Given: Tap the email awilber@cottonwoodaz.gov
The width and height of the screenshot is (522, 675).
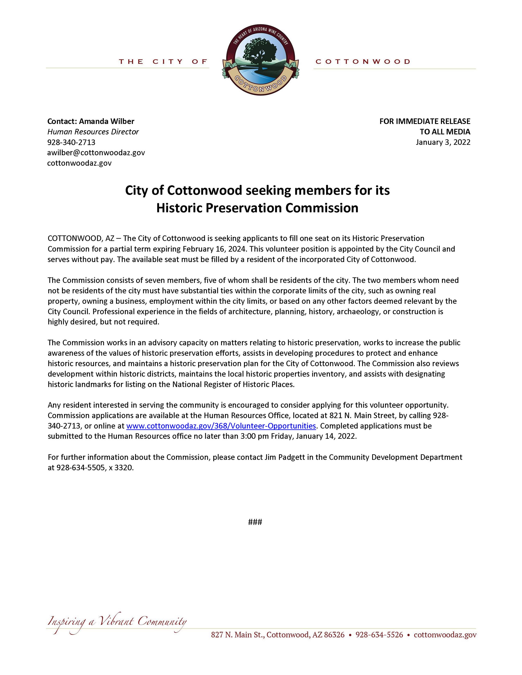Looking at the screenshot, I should [x=96, y=153].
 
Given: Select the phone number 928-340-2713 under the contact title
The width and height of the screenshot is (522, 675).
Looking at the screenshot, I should [x=71, y=142].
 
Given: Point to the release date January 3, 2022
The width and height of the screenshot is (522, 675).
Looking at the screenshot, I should [x=443, y=142].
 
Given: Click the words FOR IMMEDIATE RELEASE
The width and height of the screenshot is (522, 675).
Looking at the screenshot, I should [x=425, y=121].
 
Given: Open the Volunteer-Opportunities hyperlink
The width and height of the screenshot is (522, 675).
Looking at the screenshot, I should [x=221, y=426].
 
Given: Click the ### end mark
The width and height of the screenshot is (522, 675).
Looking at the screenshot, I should [x=255, y=522].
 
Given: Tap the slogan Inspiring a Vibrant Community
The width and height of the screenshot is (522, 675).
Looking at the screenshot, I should [x=117, y=621].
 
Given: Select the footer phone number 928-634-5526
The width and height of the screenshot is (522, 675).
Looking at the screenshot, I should [x=379, y=635].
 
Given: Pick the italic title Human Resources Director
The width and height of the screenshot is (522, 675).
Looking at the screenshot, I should [x=93, y=132].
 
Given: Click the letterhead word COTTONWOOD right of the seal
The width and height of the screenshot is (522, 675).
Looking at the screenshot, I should [x=363, y=62].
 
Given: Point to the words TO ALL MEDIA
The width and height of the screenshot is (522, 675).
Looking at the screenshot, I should [x=445, y=132].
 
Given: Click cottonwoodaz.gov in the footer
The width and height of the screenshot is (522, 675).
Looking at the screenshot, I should [x=445, y=635].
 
